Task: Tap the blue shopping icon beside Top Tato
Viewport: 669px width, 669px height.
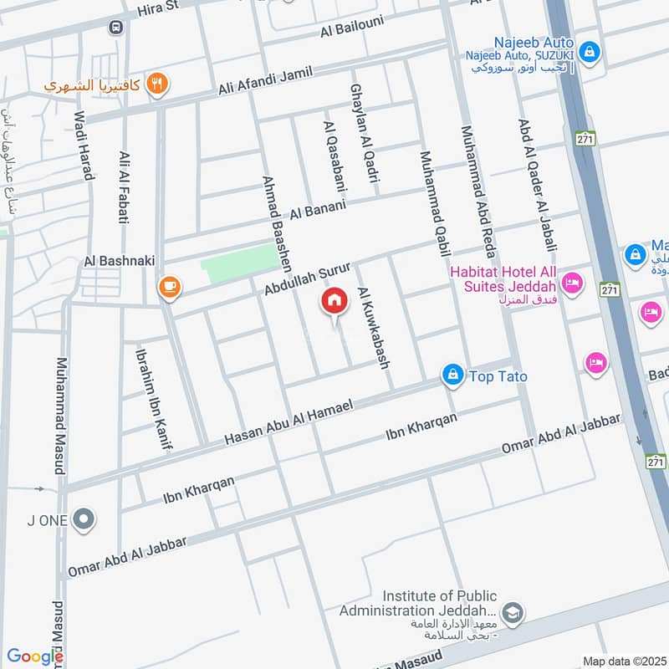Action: coord(452,375)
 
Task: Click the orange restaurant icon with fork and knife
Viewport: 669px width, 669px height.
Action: coord(156,84)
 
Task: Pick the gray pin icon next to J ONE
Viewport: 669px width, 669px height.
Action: coord(83,520)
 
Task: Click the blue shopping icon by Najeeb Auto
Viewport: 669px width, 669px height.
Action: coord(590,51)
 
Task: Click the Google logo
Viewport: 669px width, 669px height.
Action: coord(34,657)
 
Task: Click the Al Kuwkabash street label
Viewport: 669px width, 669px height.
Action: coord(374,328)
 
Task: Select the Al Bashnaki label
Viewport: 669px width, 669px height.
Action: coord(119,261)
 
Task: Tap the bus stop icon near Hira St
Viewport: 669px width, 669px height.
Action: coord(115,27)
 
